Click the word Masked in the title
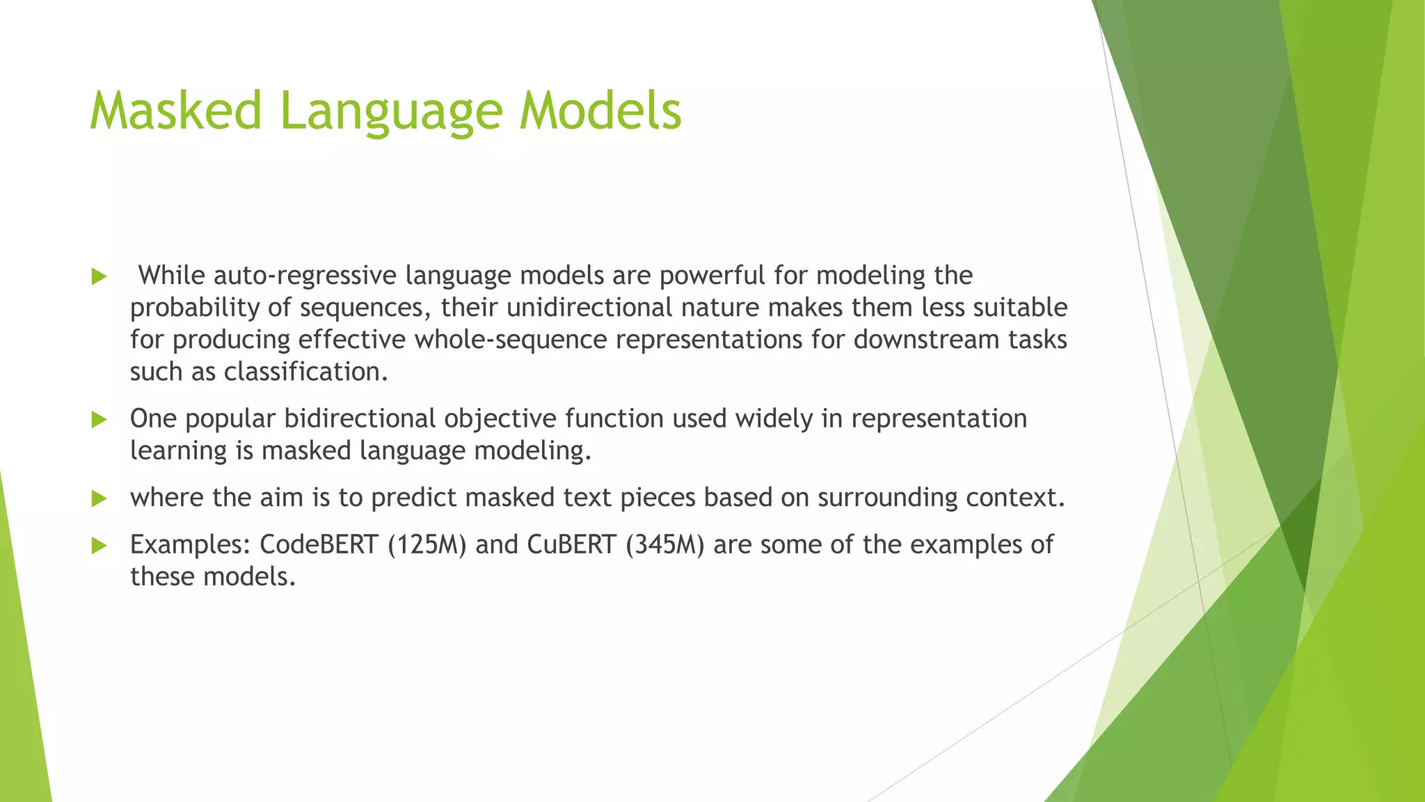(175, 111)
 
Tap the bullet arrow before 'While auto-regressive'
(99, 276)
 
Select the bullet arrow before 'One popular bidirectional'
(99, 419)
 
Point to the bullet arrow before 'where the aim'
(99, 498)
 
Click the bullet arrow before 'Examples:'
(99, 545)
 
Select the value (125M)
(427, 544)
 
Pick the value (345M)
(664, 544)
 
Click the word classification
(305, 372)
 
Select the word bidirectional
(360, 418)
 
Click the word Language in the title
(390, 111)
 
